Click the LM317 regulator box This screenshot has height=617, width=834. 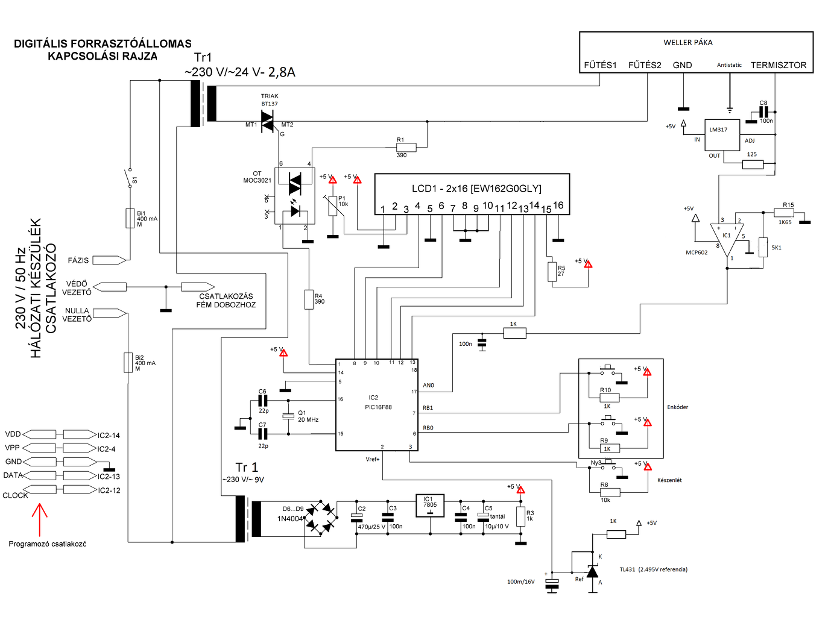[722, 135]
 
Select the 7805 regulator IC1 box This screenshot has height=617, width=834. [430, 506]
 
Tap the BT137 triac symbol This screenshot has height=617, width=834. [267, 121]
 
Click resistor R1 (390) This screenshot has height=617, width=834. [406, 147]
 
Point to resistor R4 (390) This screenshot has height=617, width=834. [309, 299]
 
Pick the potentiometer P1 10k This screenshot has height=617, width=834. [332, 205]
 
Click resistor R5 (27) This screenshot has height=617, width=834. [552, 272]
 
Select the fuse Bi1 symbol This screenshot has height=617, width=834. [130, 218]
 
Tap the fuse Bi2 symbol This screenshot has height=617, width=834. [128, 362]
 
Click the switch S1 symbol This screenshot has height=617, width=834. [128, 178]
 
